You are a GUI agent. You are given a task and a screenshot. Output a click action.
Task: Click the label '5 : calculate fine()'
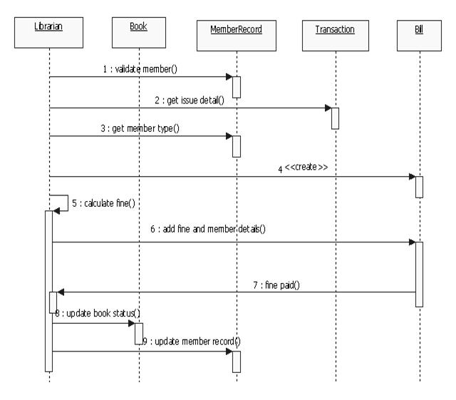click(x=104, y=204)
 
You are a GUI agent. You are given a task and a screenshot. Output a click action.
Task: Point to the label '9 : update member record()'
click(x=192, y=342)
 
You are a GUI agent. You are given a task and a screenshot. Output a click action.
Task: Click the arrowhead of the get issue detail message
click(x=328, y=108)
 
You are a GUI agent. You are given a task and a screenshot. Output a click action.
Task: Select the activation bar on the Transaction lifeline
click(x=335, y=118)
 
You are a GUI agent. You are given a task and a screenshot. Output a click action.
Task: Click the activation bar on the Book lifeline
click(x=139, y=333)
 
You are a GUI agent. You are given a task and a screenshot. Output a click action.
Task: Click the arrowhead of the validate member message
click(x=229, y=76)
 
